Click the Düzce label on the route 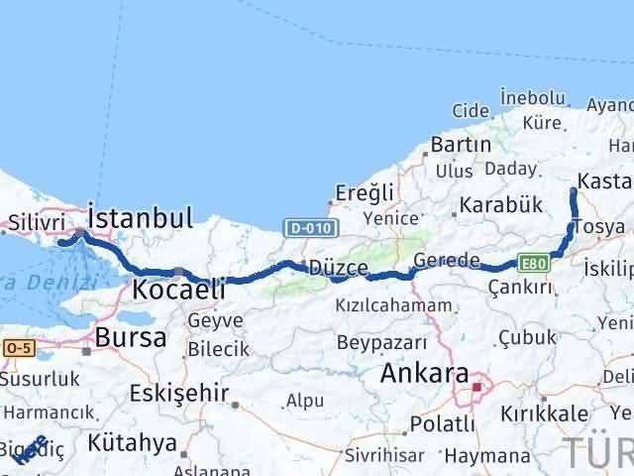pyautogui.click(x=339, y=269)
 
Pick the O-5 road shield pyautogui.click(x=18, y=349)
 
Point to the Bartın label pyautogui.click(x=461, y=145)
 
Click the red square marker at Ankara pyautogui.click(x=477, y=388)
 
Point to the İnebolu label pyautogui.click(x=533, y=98)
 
